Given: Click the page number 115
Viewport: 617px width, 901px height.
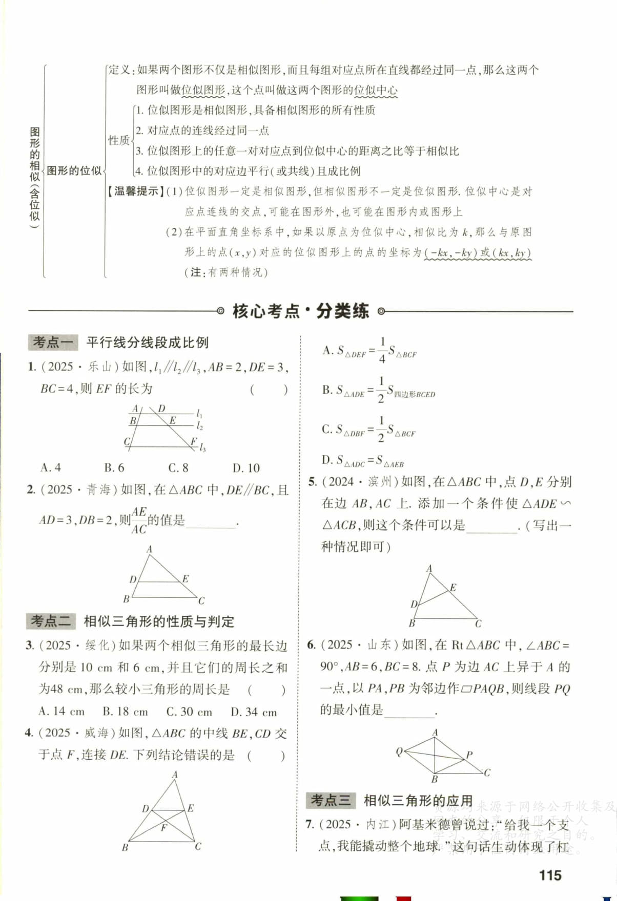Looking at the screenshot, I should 550,875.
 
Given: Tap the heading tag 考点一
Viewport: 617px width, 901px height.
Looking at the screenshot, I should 53,342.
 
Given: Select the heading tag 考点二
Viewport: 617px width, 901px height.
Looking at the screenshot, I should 51,621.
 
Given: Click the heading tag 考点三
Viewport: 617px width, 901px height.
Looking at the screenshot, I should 331,800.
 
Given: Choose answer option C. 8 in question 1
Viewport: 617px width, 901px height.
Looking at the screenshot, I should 178,467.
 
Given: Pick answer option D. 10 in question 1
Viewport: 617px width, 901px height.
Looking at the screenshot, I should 246,467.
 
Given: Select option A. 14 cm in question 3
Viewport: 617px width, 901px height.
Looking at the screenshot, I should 61,712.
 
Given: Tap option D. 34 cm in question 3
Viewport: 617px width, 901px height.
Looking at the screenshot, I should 254,712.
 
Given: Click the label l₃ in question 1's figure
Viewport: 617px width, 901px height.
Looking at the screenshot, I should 202,448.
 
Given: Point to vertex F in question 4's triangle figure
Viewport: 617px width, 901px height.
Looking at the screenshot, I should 164,827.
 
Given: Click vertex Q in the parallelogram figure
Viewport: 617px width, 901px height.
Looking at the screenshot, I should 399,752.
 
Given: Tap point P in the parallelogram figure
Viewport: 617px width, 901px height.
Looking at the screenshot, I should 468,755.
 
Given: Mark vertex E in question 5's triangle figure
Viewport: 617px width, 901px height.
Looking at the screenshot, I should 453,588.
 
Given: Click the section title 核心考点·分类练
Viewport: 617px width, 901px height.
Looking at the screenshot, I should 300,311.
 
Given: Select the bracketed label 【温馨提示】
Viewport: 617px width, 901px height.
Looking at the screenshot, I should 136,191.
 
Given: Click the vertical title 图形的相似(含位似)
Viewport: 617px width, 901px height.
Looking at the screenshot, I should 34,174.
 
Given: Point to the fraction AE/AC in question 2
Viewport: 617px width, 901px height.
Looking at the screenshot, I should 139,521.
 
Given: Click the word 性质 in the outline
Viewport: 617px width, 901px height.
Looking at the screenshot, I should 118,140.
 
